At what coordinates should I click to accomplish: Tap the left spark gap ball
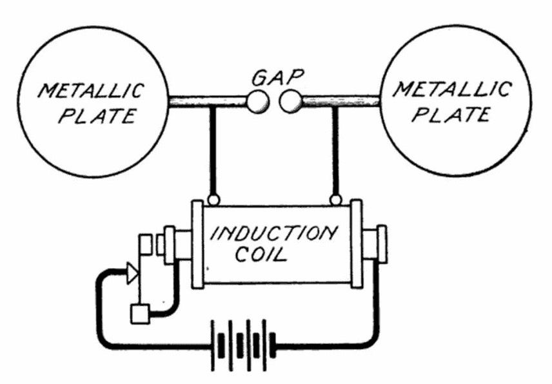click(257, 101)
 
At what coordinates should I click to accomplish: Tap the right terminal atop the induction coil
click(335, 199)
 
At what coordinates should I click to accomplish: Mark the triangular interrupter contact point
click(132, 274)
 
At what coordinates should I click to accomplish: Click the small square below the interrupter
click(139, 314)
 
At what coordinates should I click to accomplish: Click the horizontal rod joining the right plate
click(342, 101)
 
